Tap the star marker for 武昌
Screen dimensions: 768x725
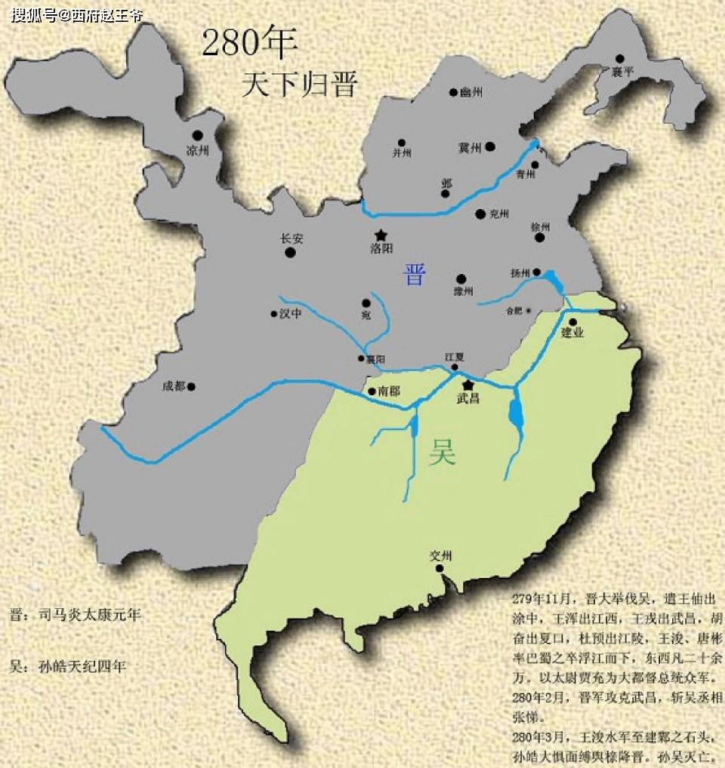point(467,385)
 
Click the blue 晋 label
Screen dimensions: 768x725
point(414,275)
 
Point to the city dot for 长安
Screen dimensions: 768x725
point(291,253)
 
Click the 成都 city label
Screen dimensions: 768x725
point(173,386)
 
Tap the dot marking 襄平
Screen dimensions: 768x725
point(619,58)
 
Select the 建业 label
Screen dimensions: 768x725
point(573,333)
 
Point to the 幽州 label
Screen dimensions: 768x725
point(470,93)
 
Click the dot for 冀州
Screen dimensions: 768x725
point(490,146)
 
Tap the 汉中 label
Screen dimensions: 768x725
point(291,314)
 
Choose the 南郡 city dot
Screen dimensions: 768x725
point(372,392)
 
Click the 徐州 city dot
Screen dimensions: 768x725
point(540,238)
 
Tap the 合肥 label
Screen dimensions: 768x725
point(514,310)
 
